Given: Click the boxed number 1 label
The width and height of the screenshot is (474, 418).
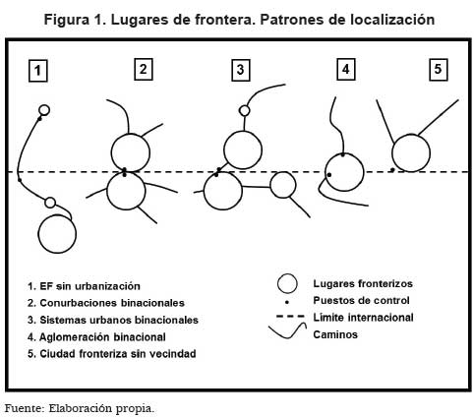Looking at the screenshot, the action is coord(38,70).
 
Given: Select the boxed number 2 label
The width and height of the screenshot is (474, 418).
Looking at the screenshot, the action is coord(144,69).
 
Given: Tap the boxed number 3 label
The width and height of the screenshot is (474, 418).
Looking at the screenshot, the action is coord(241,70).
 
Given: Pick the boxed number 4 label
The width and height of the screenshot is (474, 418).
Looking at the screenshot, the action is coord(346,69).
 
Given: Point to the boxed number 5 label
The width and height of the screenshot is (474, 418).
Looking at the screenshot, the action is coord(439,69).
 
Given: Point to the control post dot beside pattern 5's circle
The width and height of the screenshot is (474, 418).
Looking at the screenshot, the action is coord(392,170).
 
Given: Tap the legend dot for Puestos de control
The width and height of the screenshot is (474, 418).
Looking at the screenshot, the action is coord(287,302).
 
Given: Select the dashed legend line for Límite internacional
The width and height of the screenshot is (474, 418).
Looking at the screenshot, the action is coord(290,317).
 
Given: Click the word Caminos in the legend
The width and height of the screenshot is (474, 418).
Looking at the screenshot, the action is coord(335,334).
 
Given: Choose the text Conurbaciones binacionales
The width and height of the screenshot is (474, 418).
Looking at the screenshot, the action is coord(112,303).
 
